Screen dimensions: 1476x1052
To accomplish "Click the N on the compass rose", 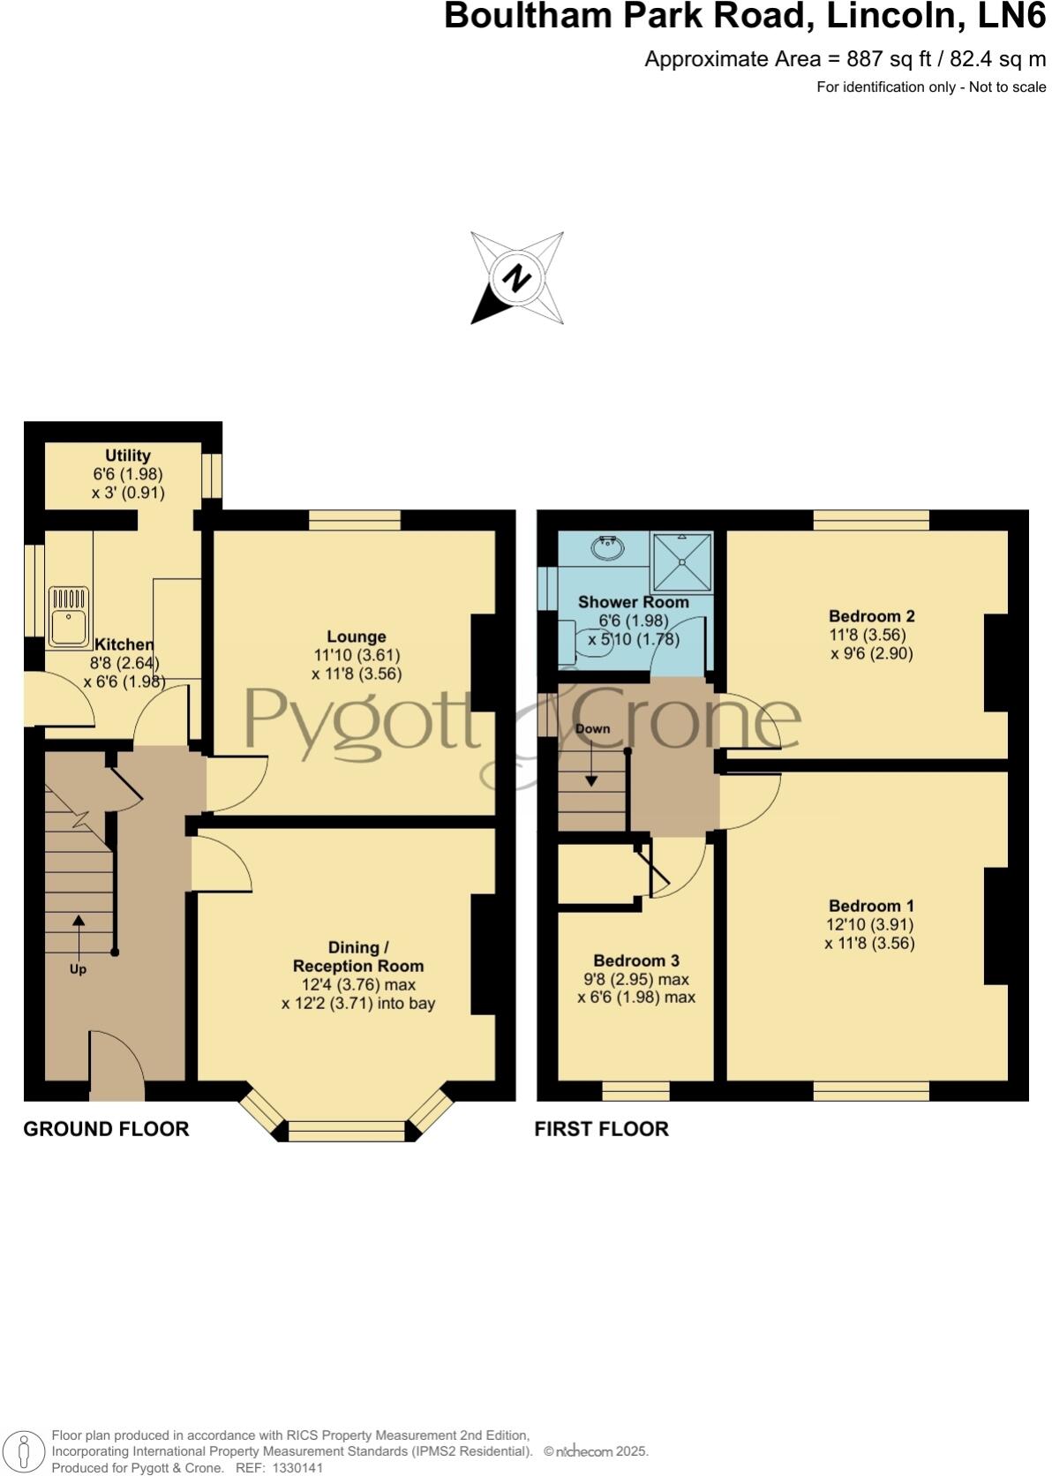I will (516, 279).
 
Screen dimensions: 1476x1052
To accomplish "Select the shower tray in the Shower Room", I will (681, 562).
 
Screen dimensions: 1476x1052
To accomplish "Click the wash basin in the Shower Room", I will (608, 548).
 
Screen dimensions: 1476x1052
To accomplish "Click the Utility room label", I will (127, 456).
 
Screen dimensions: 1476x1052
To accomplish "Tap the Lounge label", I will (357, 636).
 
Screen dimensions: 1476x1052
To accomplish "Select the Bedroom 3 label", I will (635, 960).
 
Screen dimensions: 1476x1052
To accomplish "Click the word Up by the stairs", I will (78, 969).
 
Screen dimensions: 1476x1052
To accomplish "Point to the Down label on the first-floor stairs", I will (592, 729).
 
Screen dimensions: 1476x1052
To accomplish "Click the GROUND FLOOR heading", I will (106, 1129).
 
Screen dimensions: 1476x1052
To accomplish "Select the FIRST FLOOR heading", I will (601, 1129).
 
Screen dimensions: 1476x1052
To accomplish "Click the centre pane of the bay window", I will (347, 1130).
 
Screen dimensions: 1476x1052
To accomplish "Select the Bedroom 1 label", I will (871, 906).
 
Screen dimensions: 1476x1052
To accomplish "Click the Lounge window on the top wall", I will (355, 521).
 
